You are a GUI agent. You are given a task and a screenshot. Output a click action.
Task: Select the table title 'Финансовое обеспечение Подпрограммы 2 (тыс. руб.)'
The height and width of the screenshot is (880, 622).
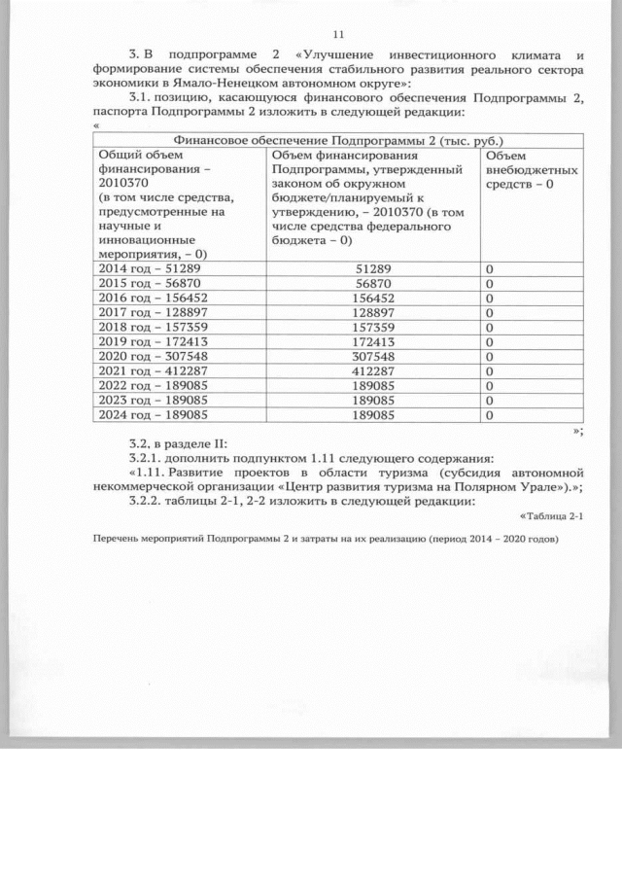337,140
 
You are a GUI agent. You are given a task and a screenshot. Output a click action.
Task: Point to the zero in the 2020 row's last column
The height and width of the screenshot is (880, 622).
491,356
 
